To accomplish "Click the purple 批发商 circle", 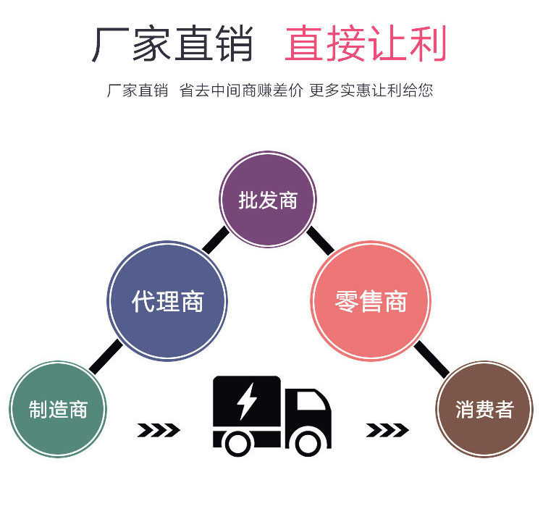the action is (x=268, y=199).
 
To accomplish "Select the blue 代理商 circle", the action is (x=167, y=300).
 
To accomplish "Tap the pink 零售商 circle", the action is (x=371, y=300).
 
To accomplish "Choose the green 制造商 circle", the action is (x=58, y=409).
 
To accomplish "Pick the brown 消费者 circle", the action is (x=484, y=409).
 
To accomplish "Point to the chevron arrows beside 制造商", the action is (x=158, y=431).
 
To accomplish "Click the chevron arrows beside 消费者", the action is (x=387, y=431).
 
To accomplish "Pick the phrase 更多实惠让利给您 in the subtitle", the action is (x=371, y=91).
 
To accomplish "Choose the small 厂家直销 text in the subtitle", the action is (x=137, y=91).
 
